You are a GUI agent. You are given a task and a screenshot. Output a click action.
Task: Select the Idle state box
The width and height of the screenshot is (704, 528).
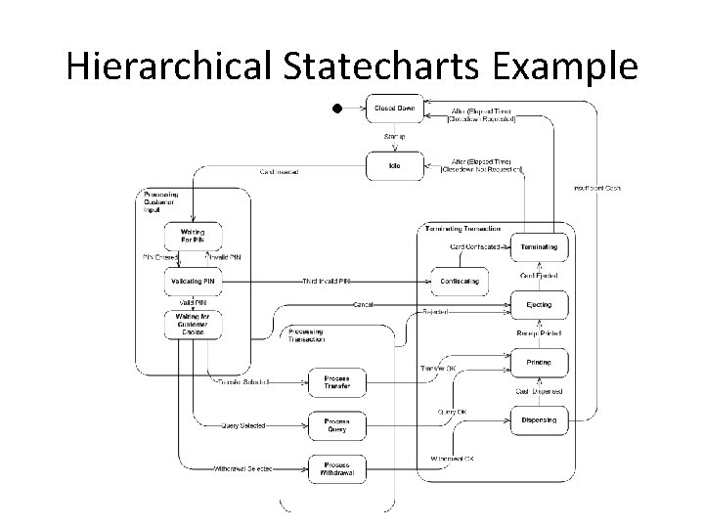coord(395,165)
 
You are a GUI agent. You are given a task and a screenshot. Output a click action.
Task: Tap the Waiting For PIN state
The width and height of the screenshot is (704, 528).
coord(193,236)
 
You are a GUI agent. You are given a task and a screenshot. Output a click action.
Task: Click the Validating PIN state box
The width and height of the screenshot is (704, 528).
coord(193,282)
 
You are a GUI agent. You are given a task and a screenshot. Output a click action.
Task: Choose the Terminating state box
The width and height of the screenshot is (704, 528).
coord(539,247)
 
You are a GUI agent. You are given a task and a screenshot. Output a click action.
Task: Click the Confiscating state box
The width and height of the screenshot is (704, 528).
coord(460,282)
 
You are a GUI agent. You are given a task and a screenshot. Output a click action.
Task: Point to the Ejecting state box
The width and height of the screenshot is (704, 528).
coord(539,305)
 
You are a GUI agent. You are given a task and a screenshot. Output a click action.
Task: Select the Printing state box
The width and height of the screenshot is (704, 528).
coord(539,363)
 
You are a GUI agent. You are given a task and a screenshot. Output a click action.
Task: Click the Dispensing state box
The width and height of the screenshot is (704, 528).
coord(539,420)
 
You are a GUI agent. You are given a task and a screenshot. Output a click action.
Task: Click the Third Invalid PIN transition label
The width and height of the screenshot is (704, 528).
coord(327,282)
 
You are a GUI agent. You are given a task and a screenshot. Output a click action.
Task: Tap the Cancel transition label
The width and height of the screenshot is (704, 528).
coord(364,304)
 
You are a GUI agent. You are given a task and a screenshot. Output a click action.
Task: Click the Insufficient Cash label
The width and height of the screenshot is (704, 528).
coord(596,188)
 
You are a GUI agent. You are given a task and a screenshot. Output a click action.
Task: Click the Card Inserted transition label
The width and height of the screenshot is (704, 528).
coord(279,172)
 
